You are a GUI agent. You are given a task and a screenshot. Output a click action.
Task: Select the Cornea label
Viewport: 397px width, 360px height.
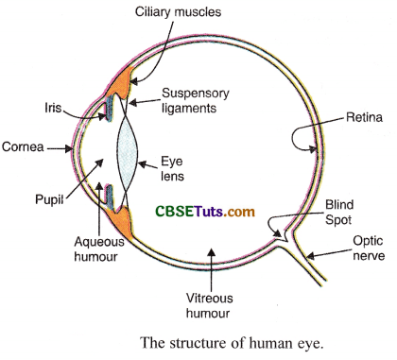click(x=22, y=147)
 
